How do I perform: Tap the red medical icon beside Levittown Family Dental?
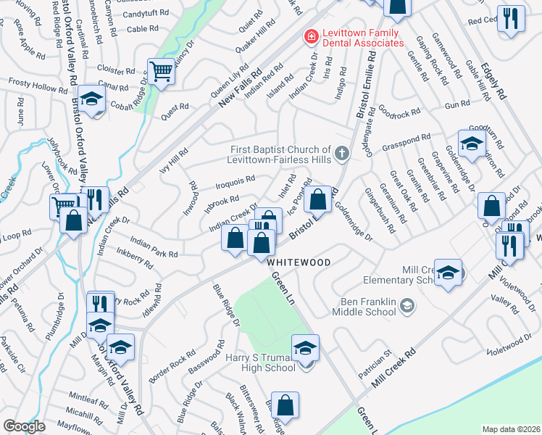(310, 36)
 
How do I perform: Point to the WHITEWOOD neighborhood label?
(299, 262)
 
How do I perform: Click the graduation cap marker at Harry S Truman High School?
(305, 349)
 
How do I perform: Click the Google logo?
(24, 426)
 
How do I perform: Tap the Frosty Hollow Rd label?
(38, 87)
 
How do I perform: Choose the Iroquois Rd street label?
(235, 178)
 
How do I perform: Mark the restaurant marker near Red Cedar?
(512, 20)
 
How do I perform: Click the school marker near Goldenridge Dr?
(471, 144)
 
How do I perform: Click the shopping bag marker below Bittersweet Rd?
(286, 407)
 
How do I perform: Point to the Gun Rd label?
(458, 105)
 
